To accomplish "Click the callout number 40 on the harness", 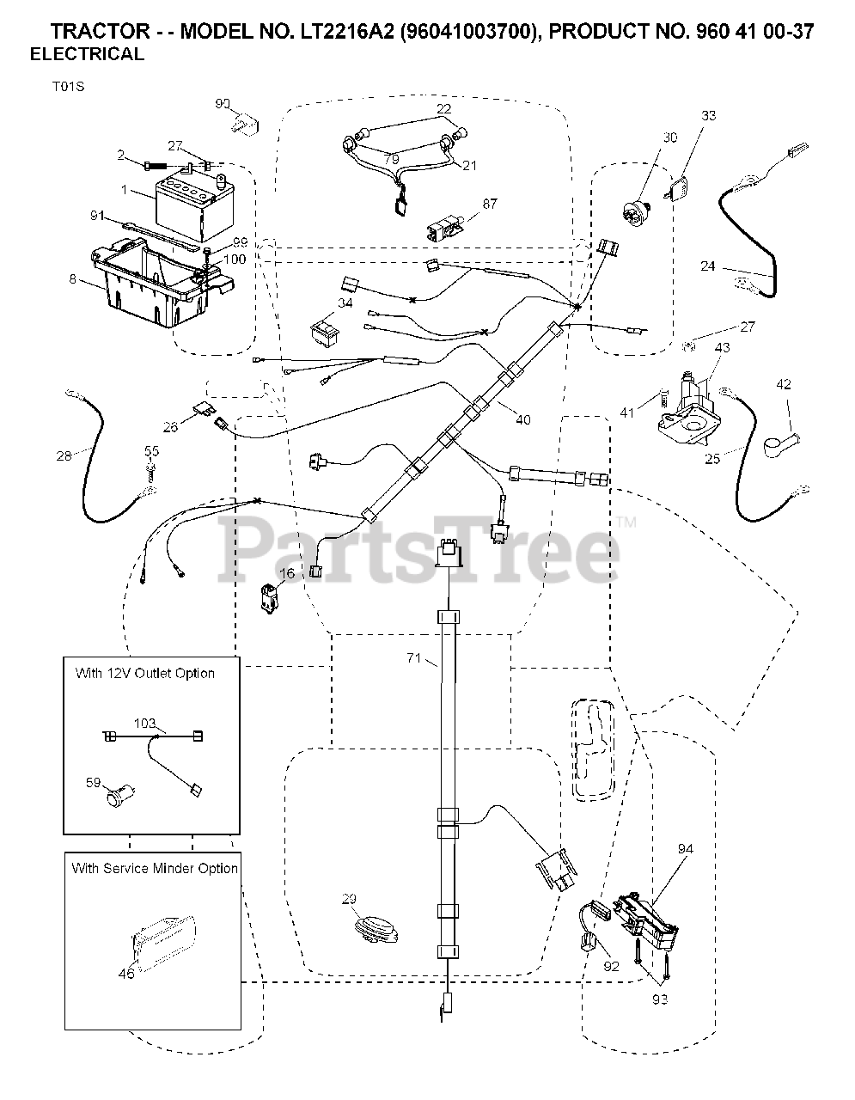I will click(522, 419).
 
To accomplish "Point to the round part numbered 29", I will click(377, 928).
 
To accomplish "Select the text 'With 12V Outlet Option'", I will click(145, 673).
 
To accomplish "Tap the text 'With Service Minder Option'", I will click(155, 868).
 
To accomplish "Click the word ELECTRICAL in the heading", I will click(87, 54).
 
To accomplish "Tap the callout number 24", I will click(707, 266).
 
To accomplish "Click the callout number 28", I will click(64, 455).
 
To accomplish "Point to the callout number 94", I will click(685, 849).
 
